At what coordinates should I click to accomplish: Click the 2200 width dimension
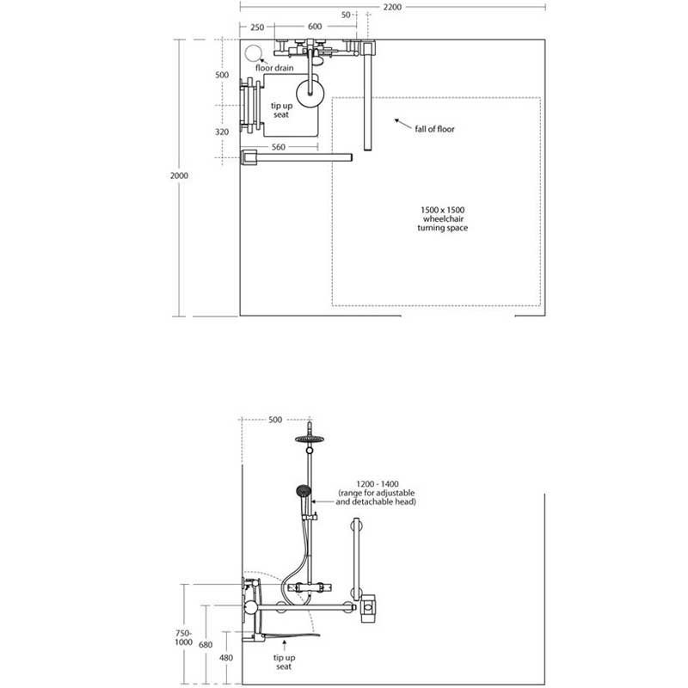coord(392,7)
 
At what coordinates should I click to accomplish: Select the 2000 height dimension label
coord(179,175)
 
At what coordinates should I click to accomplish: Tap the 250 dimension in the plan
coord(257,28)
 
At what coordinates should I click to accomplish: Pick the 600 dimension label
coord(315,27)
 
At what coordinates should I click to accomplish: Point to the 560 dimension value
coord(278,147)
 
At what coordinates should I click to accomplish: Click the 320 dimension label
coord(222,132)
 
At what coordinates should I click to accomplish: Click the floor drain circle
coord(252,53)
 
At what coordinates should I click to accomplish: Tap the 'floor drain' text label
coord(274,68)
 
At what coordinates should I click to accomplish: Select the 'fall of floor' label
coord(435,129)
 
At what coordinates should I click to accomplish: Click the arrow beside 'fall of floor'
coord(402,123)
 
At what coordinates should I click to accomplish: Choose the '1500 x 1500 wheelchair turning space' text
coord(442,219)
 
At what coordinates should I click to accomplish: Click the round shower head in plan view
coord(310,93)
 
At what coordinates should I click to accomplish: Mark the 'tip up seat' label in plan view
coord(281,110)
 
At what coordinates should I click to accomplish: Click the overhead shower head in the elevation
coord(310,439)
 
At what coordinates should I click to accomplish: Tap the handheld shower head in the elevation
coord(304,491)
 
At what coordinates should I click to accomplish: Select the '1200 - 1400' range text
coord(378,484)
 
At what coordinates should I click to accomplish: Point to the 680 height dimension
coord(206,644)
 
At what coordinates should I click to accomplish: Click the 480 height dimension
coord(226,658)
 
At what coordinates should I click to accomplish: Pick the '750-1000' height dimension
coord(184,637)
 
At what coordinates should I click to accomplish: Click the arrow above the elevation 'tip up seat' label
coord(285,645)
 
